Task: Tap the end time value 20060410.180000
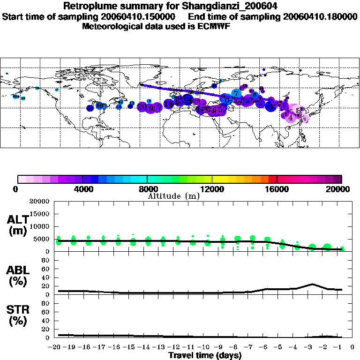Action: click(318, 16)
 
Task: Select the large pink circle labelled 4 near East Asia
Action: click(291, 117)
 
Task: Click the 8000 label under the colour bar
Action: click(147, 189)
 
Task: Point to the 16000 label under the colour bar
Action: click(277, 189)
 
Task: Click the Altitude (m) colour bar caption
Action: click(174, 196)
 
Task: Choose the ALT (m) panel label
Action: click(19, 225)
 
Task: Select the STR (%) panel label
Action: click(19, 315)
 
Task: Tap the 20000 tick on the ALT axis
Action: click(39, 202)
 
